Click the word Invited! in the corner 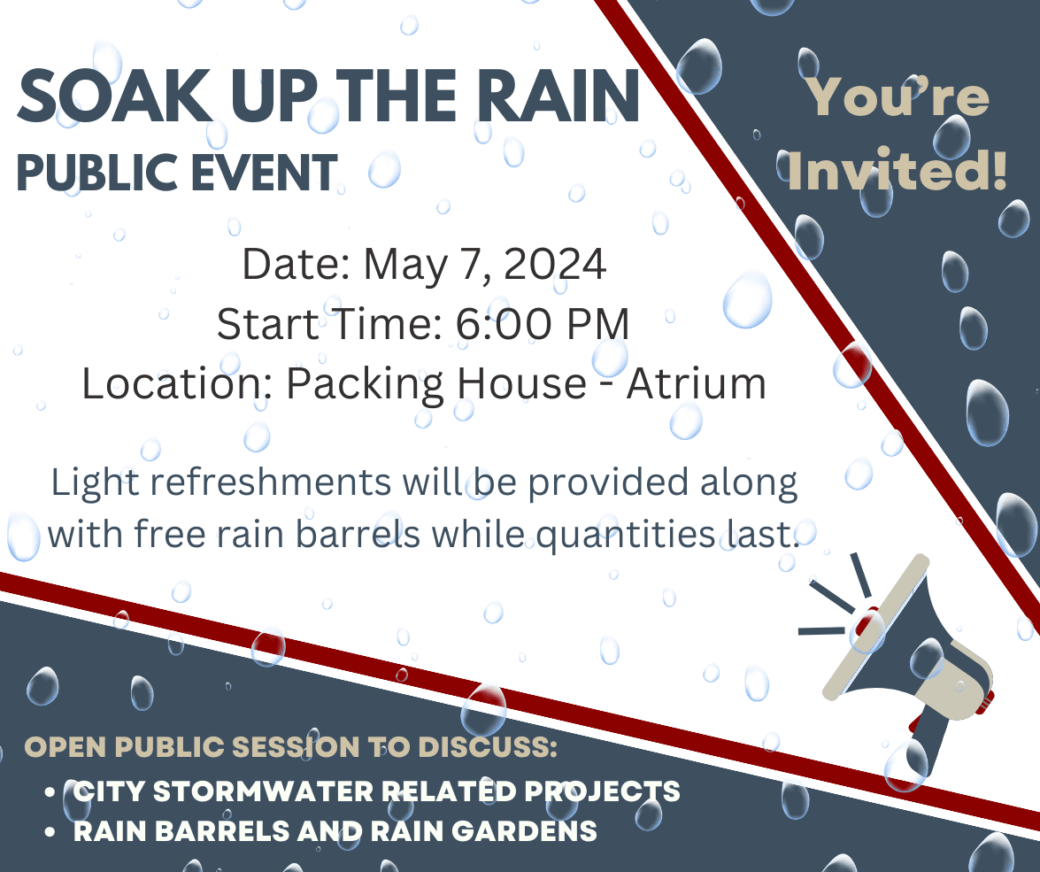897,171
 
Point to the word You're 899,96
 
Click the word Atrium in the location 696,383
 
